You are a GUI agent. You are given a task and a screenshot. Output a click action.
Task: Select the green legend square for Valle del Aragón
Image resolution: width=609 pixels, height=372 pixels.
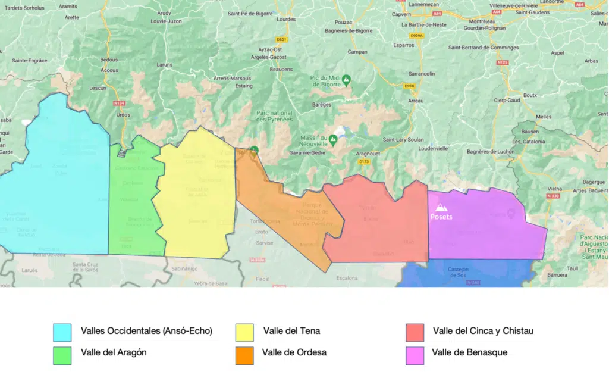[62, 355]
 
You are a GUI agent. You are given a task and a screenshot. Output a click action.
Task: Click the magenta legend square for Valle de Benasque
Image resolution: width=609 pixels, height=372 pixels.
[415, 355]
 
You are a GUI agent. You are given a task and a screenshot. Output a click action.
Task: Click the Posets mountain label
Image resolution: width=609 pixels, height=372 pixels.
[441, 217]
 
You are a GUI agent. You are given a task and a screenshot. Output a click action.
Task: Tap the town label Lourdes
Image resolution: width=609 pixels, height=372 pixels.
[286, 19]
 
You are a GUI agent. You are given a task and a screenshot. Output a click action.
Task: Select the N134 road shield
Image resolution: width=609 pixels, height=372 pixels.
[120, 103]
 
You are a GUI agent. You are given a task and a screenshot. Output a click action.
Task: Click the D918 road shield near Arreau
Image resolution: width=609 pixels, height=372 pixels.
[409, 86]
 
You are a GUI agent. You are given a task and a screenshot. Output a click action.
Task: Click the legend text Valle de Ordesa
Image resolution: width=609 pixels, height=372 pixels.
[294, 352]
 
